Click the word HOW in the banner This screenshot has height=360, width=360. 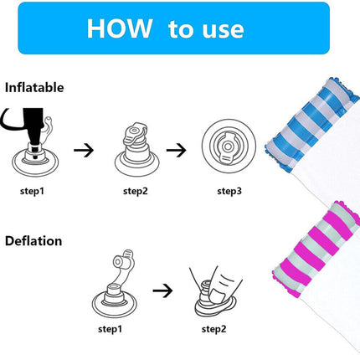(x=120, y=28)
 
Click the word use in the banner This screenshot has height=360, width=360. (x=224, y=30)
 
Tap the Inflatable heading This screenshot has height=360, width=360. (x=34, y=88)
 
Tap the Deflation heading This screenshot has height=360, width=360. (x=33, y=241)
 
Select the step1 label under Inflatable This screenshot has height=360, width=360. (x=32, y=192)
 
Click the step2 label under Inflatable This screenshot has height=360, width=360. (x=136, y=192)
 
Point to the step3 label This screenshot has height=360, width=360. (x=229, y=192)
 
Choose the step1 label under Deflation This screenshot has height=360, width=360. (x=111, y=329)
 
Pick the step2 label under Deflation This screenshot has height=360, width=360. (x=213, y=329)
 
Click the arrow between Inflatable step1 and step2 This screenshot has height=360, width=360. (x=84, y=150)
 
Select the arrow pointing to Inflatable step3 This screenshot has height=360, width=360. (x=177, y=150)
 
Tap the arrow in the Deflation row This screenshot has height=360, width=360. (x=162, y=291)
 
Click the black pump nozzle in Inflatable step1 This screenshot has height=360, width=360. (x=33, y=126)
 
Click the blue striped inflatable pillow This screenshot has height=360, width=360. (x=312, y=126)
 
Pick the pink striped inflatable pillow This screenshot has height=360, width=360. (x=316, y=249)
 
